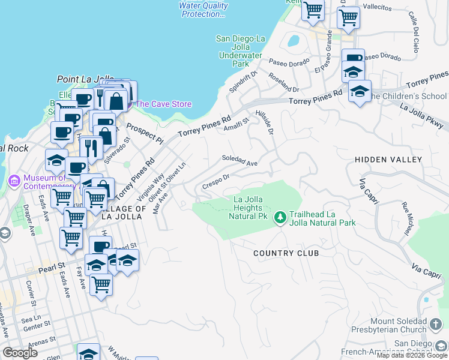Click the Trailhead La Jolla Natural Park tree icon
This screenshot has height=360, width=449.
(280, 216)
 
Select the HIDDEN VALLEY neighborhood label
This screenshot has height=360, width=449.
(388, 159)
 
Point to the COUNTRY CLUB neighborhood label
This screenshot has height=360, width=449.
(286, 253)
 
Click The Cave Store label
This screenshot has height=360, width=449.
(164, 104)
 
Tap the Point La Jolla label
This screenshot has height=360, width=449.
(85, 79)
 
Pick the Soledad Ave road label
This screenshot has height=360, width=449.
(240, 163)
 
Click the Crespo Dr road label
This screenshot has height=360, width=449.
(216, 181)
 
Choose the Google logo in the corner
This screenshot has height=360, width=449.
(20, 353)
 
